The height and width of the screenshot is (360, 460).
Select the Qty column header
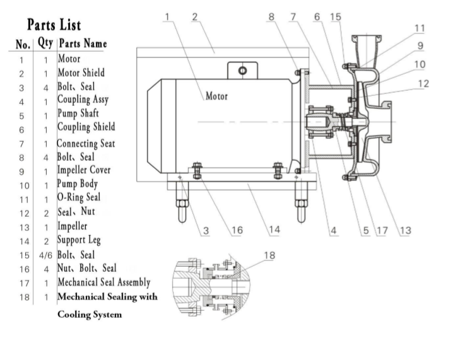[x=45, y=44]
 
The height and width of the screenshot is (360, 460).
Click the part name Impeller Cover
[x=84, y=170]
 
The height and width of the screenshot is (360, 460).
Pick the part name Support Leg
[x=79, y=240]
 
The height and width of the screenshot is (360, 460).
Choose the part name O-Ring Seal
[x=79, y=198]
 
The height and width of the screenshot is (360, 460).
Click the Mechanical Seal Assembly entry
[x=103, y=282]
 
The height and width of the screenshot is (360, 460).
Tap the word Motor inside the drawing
[x=216, y=96]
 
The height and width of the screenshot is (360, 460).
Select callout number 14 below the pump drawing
[x=273, y=230]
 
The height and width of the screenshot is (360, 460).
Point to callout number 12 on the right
[x=423, y=83]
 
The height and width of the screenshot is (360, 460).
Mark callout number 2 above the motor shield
[x=195, y=16]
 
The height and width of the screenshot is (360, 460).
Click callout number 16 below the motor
[x=237, y=230]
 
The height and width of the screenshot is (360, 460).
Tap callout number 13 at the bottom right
[x=404, y=230]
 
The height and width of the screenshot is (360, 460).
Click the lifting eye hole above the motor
[x=242, y=70]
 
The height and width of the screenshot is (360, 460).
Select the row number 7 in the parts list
[x=21, y=144]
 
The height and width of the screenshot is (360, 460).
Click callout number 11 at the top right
[x=420, y=28]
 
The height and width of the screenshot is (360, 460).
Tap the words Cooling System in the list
[x=89, y=314]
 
